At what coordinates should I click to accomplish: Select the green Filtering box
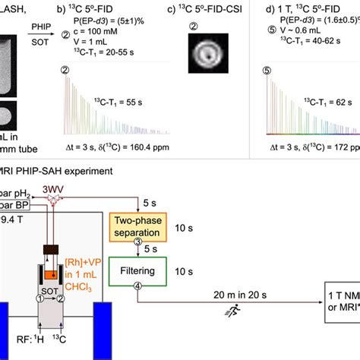coord(137,271)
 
